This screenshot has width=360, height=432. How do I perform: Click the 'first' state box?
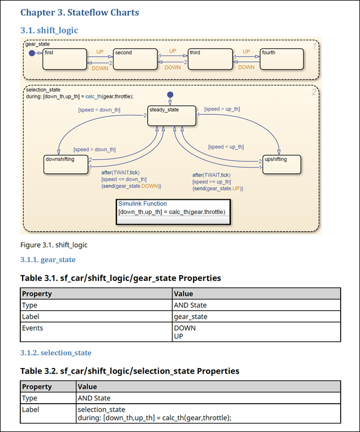[64, 58]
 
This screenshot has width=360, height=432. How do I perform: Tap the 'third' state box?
[210, 58]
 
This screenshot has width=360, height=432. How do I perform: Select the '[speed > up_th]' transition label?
[222, 109]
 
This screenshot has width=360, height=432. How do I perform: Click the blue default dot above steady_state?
[170, 95]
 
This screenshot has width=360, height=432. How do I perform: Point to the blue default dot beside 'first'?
[32, 53]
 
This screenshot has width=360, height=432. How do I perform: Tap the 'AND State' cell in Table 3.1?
[190, 305]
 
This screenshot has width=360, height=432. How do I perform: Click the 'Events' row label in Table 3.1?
[32, 328]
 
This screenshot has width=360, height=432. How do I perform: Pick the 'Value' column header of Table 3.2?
[87, 387]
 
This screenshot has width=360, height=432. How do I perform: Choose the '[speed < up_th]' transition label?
[226, 147]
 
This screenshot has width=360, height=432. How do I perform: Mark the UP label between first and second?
[100, 52]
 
